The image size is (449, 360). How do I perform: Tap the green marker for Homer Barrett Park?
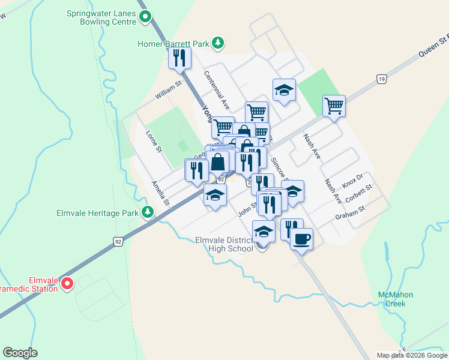coord(218,43)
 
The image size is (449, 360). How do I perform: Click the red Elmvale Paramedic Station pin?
coord(67,283)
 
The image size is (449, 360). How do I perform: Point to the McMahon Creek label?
coord(396,299)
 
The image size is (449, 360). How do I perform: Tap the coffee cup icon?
coord(301,239)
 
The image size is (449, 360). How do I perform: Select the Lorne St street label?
coord(154,142)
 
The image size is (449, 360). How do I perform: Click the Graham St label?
coord(350,212)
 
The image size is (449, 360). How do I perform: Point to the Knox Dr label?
coord(352,180)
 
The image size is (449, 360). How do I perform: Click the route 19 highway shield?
coord(381,79)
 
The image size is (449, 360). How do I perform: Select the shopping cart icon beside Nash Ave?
coord(334,106)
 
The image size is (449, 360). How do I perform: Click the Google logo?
coord(20,353)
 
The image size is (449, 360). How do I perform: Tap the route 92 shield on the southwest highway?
coord(118,241)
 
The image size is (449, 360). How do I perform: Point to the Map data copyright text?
coord(411,355)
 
